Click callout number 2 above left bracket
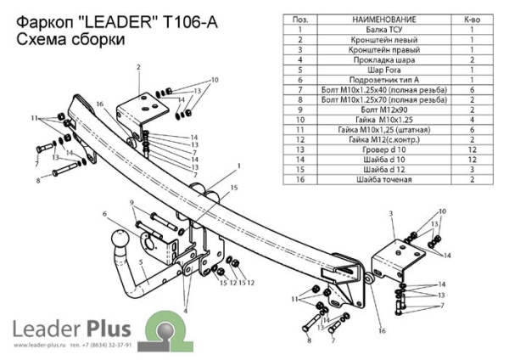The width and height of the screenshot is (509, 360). pyautogui.click(x=137, y=67)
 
